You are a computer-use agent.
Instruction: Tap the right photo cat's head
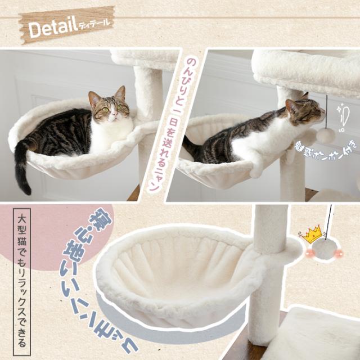[x=304, y=110]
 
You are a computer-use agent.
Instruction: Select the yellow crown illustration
[x=313, y=233]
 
